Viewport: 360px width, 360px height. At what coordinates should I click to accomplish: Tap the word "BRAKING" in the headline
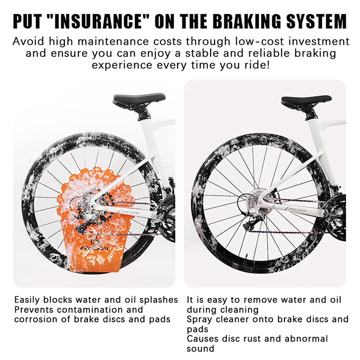point(247,21)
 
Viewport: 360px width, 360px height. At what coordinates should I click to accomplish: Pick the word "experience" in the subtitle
point(122,66)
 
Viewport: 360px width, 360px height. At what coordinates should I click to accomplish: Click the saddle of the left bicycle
point(139,99)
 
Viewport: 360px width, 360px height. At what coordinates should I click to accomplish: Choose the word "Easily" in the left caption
point(27,300)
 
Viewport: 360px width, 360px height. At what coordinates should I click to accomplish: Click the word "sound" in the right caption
point(200,349)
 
